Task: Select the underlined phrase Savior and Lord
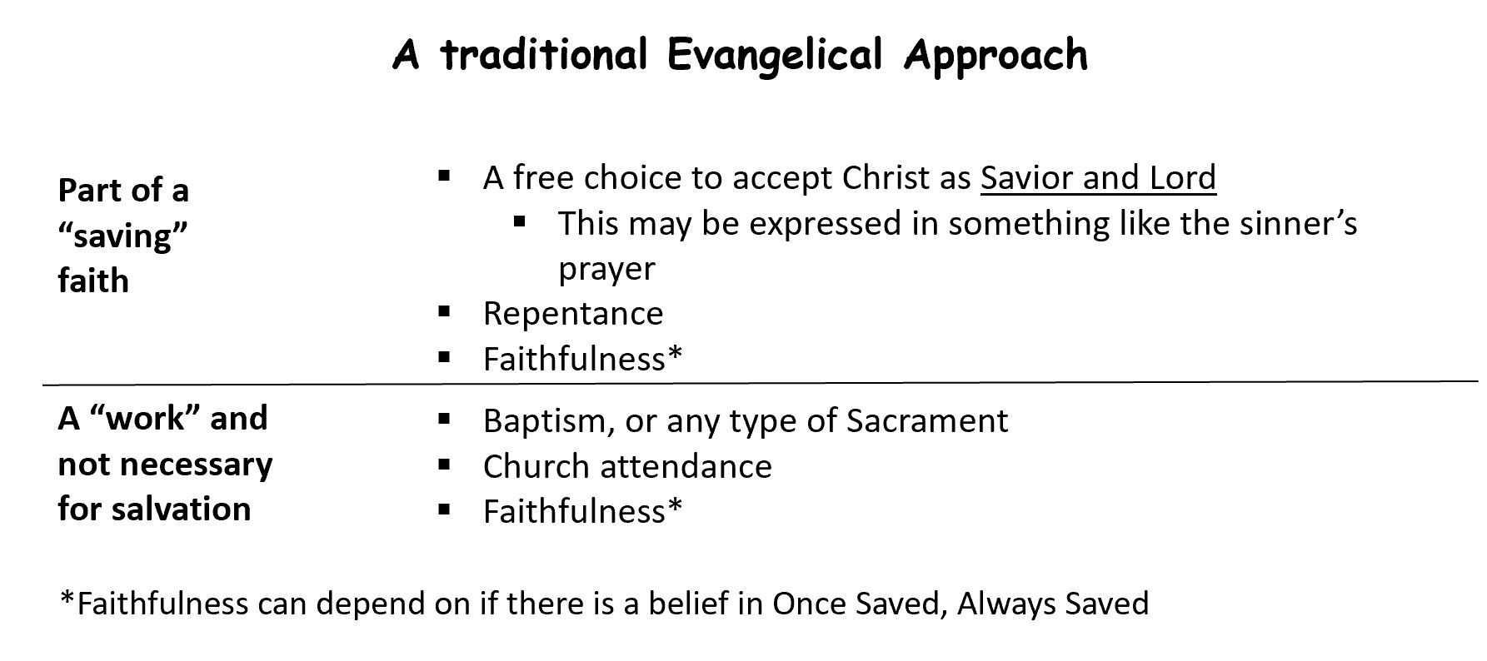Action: [1098, 177]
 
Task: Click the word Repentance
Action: [573, 314]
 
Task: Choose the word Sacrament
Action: [927, 420]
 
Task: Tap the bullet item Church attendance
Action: [627, 466]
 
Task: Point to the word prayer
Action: [606, 270]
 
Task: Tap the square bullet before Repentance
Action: [444, 313]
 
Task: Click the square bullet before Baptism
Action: [444, 419]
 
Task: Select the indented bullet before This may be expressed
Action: [520, 221]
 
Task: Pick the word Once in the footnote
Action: [806, 604]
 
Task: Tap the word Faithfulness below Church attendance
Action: [574, 511]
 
